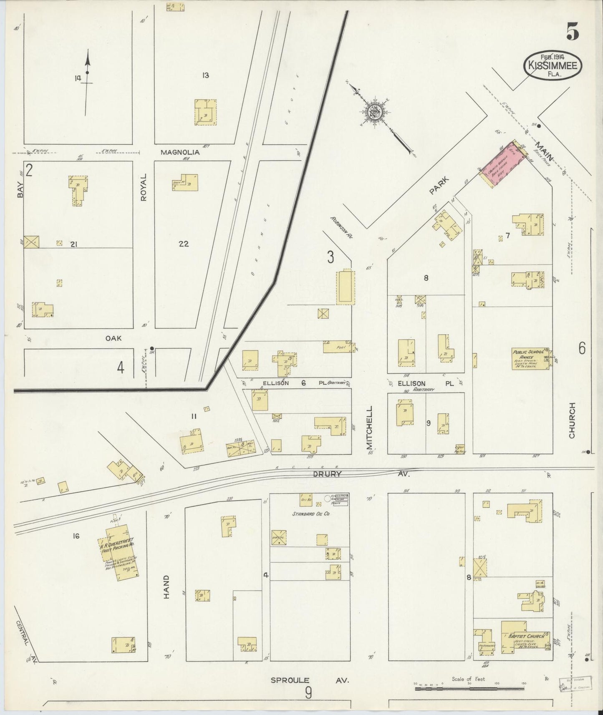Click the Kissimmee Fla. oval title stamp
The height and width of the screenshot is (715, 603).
click(553, 66)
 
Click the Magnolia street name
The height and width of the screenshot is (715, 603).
click(180, 153)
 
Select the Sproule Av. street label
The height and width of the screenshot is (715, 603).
click(310, 680)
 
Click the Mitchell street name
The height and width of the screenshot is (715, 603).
click(370, 428)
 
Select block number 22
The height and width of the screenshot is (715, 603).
click(184, 244)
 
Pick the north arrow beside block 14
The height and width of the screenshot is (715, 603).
click(87, 81)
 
